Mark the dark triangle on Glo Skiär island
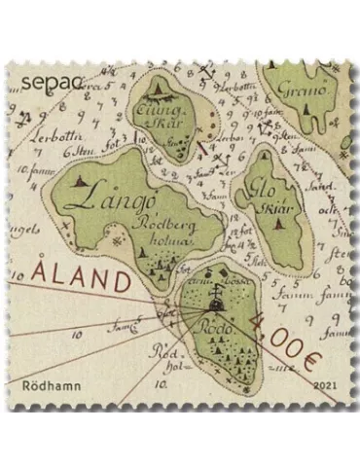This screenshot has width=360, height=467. (x=279, y=224)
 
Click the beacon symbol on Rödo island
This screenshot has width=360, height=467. (x=213, y=303)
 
